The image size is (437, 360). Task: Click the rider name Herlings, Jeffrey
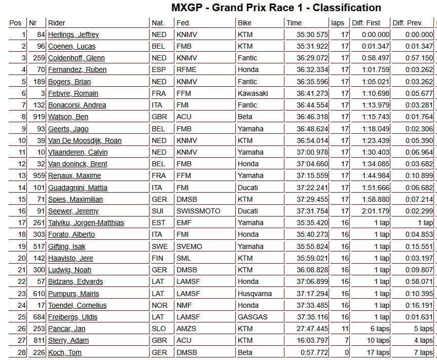(74, 34)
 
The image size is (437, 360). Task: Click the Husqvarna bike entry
(254, 294)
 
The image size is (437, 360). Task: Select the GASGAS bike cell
(252, 317)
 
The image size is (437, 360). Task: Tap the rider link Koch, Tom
(65, 352)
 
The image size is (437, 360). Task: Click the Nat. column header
(158, 23)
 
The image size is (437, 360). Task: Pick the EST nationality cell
(158, 223)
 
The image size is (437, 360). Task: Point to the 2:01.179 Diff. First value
(376, 211)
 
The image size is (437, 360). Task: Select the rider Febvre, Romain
(73, 93)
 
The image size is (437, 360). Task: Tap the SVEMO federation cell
(189, 246)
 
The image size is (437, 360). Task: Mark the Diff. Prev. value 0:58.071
(419, 281)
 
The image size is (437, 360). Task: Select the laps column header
(338, 23)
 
